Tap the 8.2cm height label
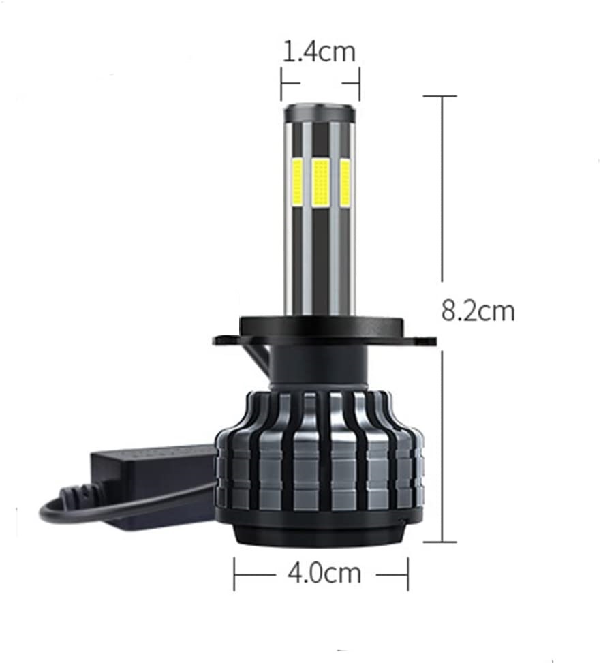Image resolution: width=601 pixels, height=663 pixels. pos(478,311)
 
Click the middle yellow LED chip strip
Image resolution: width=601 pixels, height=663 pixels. pos(320,183)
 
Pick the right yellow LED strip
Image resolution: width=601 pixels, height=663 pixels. pos(345,183)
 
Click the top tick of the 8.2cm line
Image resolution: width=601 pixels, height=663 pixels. pos(440,97)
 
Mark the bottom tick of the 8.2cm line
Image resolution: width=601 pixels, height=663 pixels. pos(440,542)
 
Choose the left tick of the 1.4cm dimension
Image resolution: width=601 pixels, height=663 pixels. pos(281,82)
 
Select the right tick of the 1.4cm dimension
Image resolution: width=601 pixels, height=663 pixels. pos(359,82)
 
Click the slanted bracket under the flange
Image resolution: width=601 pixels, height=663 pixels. pos(259,358)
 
